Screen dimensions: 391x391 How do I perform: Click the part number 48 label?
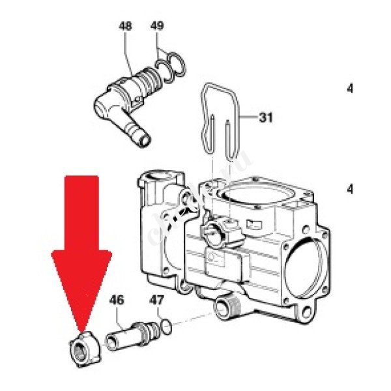coord(125,27)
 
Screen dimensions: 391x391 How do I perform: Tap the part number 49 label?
coord(157,27)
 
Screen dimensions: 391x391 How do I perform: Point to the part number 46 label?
coord(116,301)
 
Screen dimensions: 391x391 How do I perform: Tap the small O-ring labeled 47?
coord(168,324)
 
